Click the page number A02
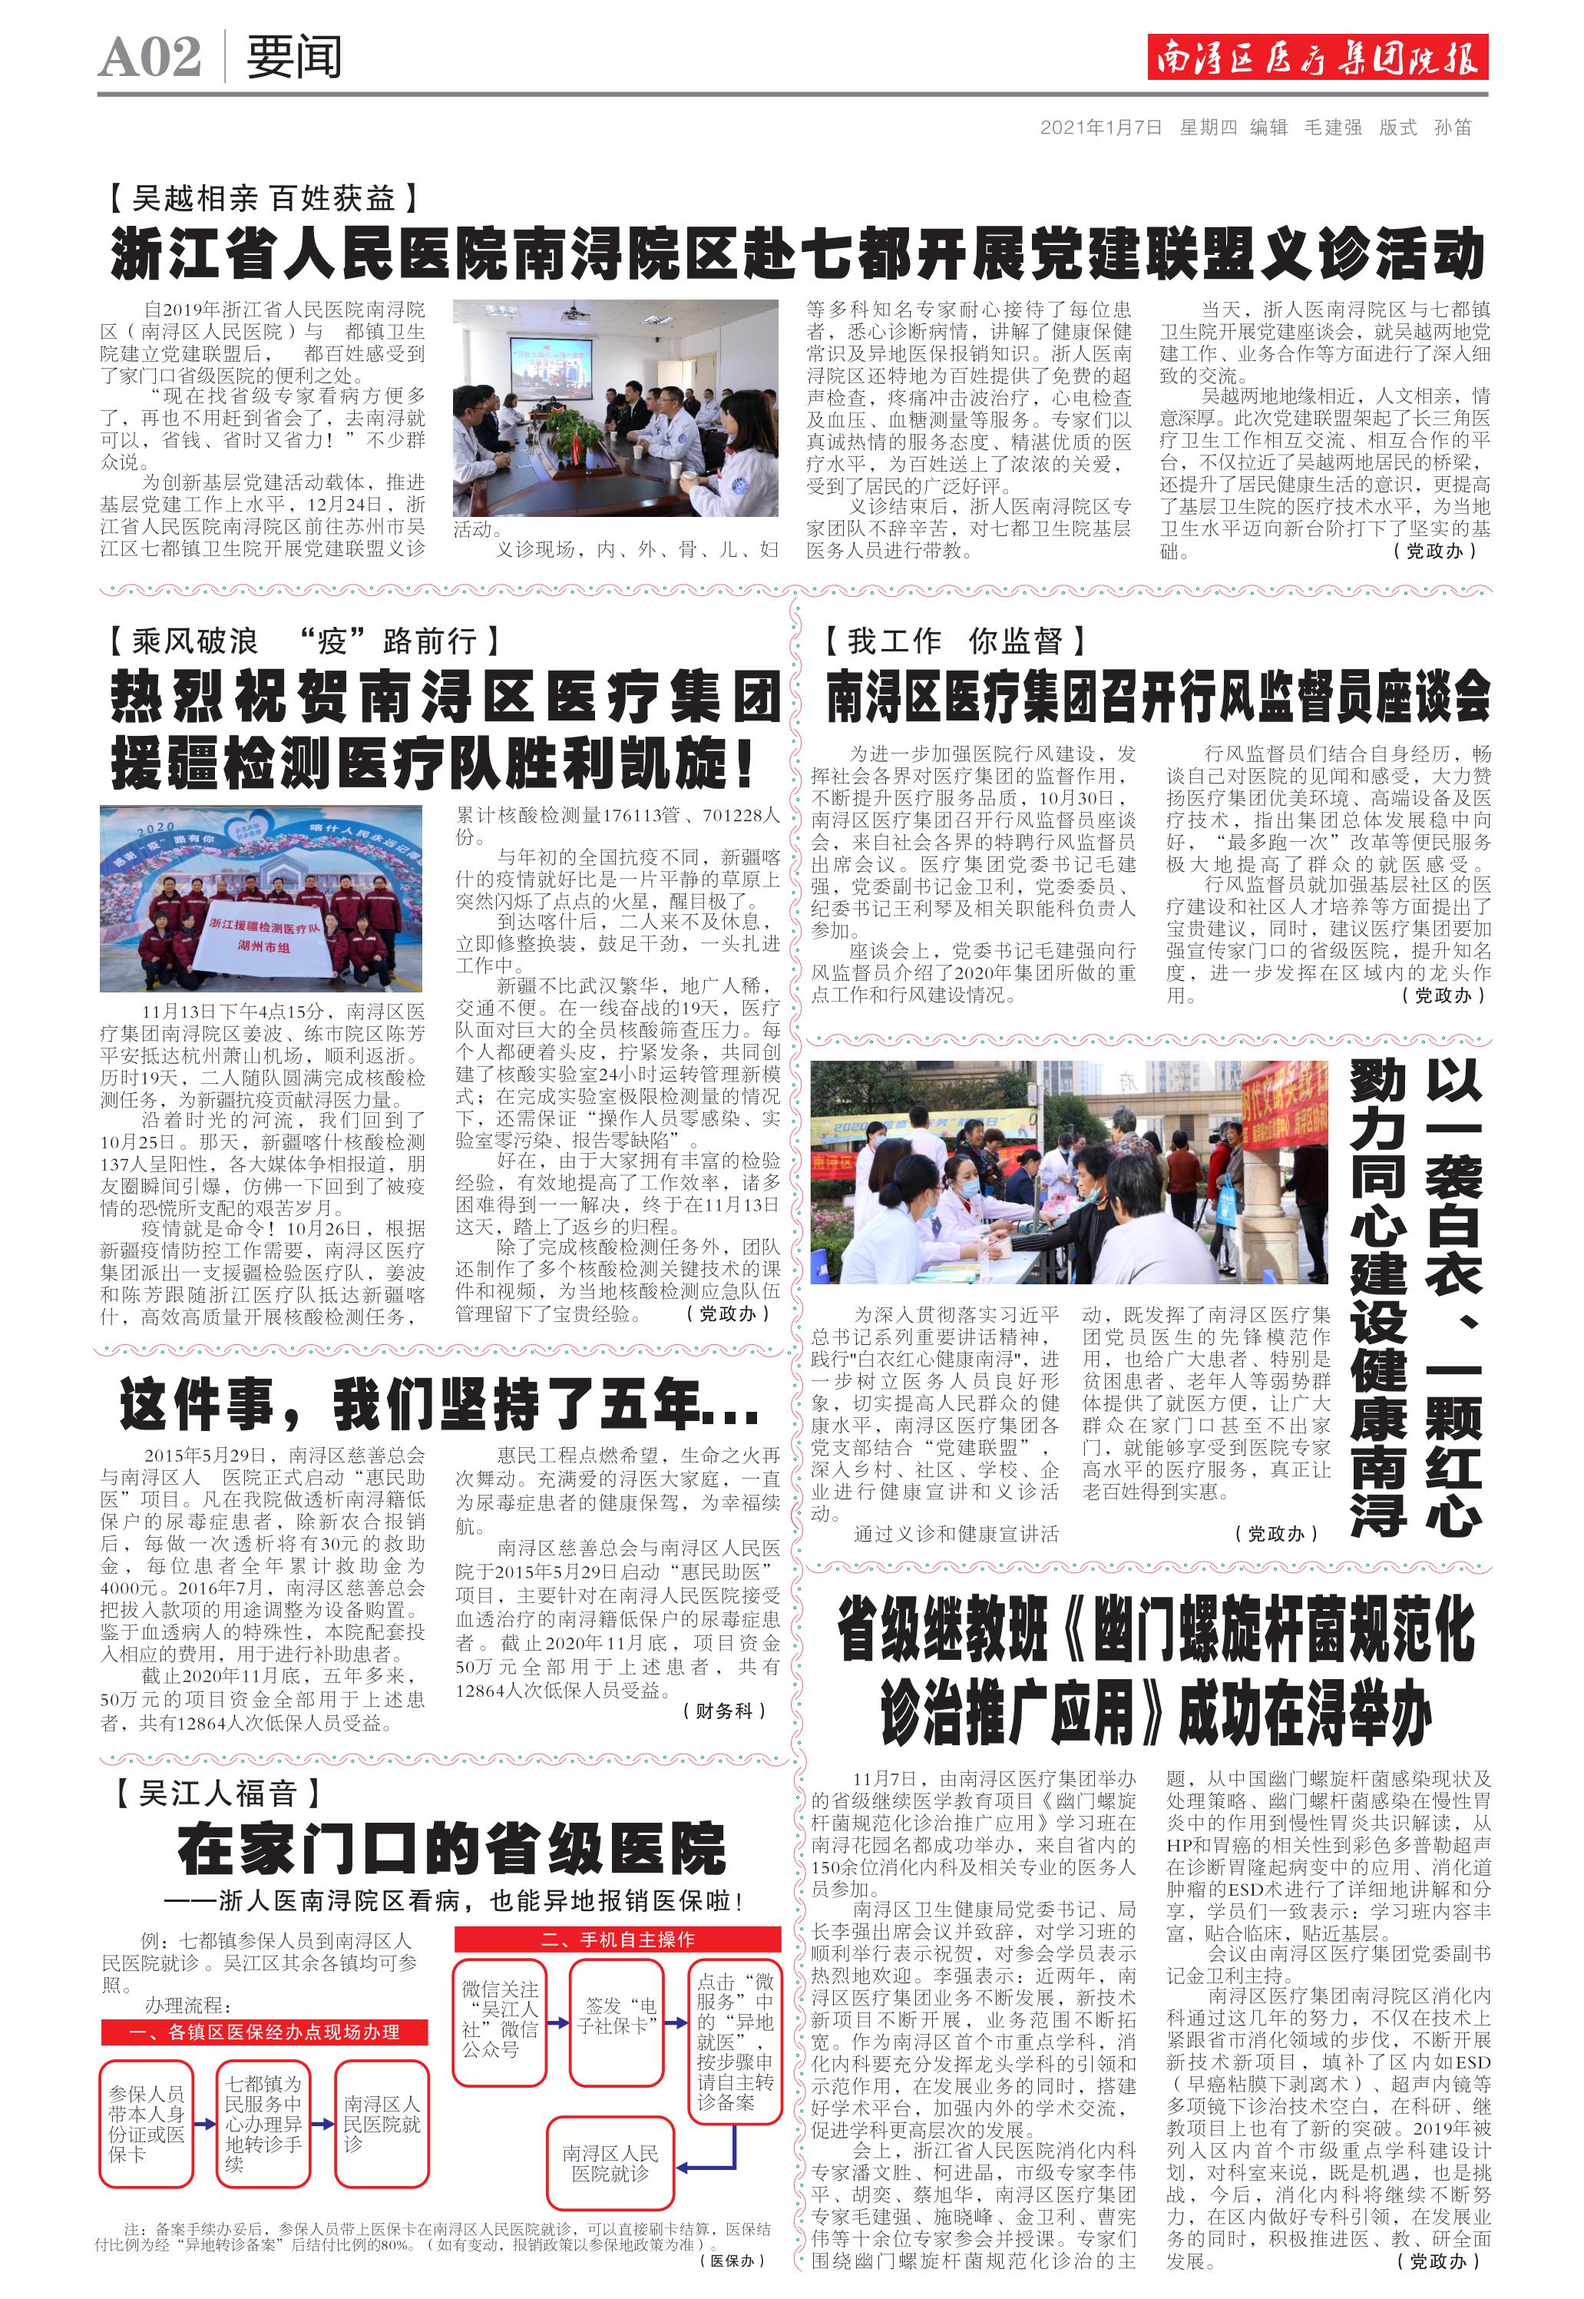150,58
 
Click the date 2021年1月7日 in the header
1101,127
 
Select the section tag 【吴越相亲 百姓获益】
263,198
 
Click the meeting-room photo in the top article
615,408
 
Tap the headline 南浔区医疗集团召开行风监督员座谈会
1158,697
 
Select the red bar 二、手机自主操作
617,1940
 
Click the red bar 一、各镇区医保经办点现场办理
264,2032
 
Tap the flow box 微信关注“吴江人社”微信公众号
500,2019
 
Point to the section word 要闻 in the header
294,58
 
